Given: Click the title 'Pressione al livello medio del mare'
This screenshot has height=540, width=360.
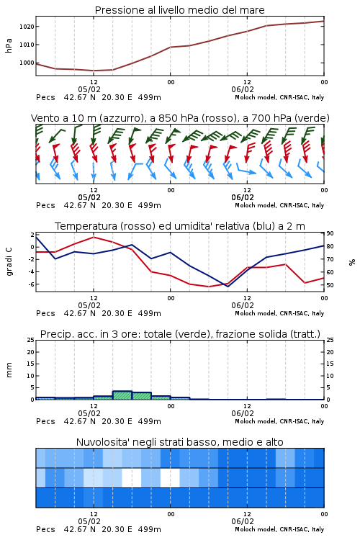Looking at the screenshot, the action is (x=179, y=10).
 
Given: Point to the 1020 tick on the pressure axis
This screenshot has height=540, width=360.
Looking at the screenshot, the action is (x=26, y=27).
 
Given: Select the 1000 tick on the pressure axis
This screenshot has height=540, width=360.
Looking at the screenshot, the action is (x=26, y=63).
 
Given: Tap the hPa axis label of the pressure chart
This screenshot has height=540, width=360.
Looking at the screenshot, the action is (x=9, y=45).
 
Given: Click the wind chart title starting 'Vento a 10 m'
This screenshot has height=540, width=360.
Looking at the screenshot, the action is (x=180, y=118).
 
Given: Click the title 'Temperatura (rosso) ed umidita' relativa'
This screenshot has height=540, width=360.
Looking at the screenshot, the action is (x=180, y=226).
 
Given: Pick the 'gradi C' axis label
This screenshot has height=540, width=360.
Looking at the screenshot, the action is (x=9, y=261).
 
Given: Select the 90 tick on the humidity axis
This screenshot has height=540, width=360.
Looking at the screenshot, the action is (x=330, y=233).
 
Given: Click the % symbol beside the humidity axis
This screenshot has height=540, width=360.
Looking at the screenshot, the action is (x=352, y=262).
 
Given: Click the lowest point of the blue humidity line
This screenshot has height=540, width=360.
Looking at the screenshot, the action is (x=228, y=287).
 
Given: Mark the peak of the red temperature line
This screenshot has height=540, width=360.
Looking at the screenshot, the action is (x=94, y=237).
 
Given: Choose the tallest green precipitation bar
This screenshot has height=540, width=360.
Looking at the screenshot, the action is (x=122, y=395).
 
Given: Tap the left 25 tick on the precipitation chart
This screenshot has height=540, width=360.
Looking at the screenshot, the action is (x=30, y=340).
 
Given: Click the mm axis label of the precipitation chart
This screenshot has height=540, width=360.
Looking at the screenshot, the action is (x=9, y=370).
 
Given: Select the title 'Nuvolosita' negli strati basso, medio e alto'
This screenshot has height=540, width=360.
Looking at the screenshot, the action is (x=180, y=442).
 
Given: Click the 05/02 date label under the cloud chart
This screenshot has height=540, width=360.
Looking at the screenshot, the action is (x=89, y=521).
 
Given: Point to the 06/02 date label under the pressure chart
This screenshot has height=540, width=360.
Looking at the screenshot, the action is (x=243, y=89).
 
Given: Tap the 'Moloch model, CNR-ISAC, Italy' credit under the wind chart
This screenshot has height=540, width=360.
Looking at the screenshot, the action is (x=279, y=205).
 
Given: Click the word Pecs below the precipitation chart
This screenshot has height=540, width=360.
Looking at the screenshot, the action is (x=45, y=421).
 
